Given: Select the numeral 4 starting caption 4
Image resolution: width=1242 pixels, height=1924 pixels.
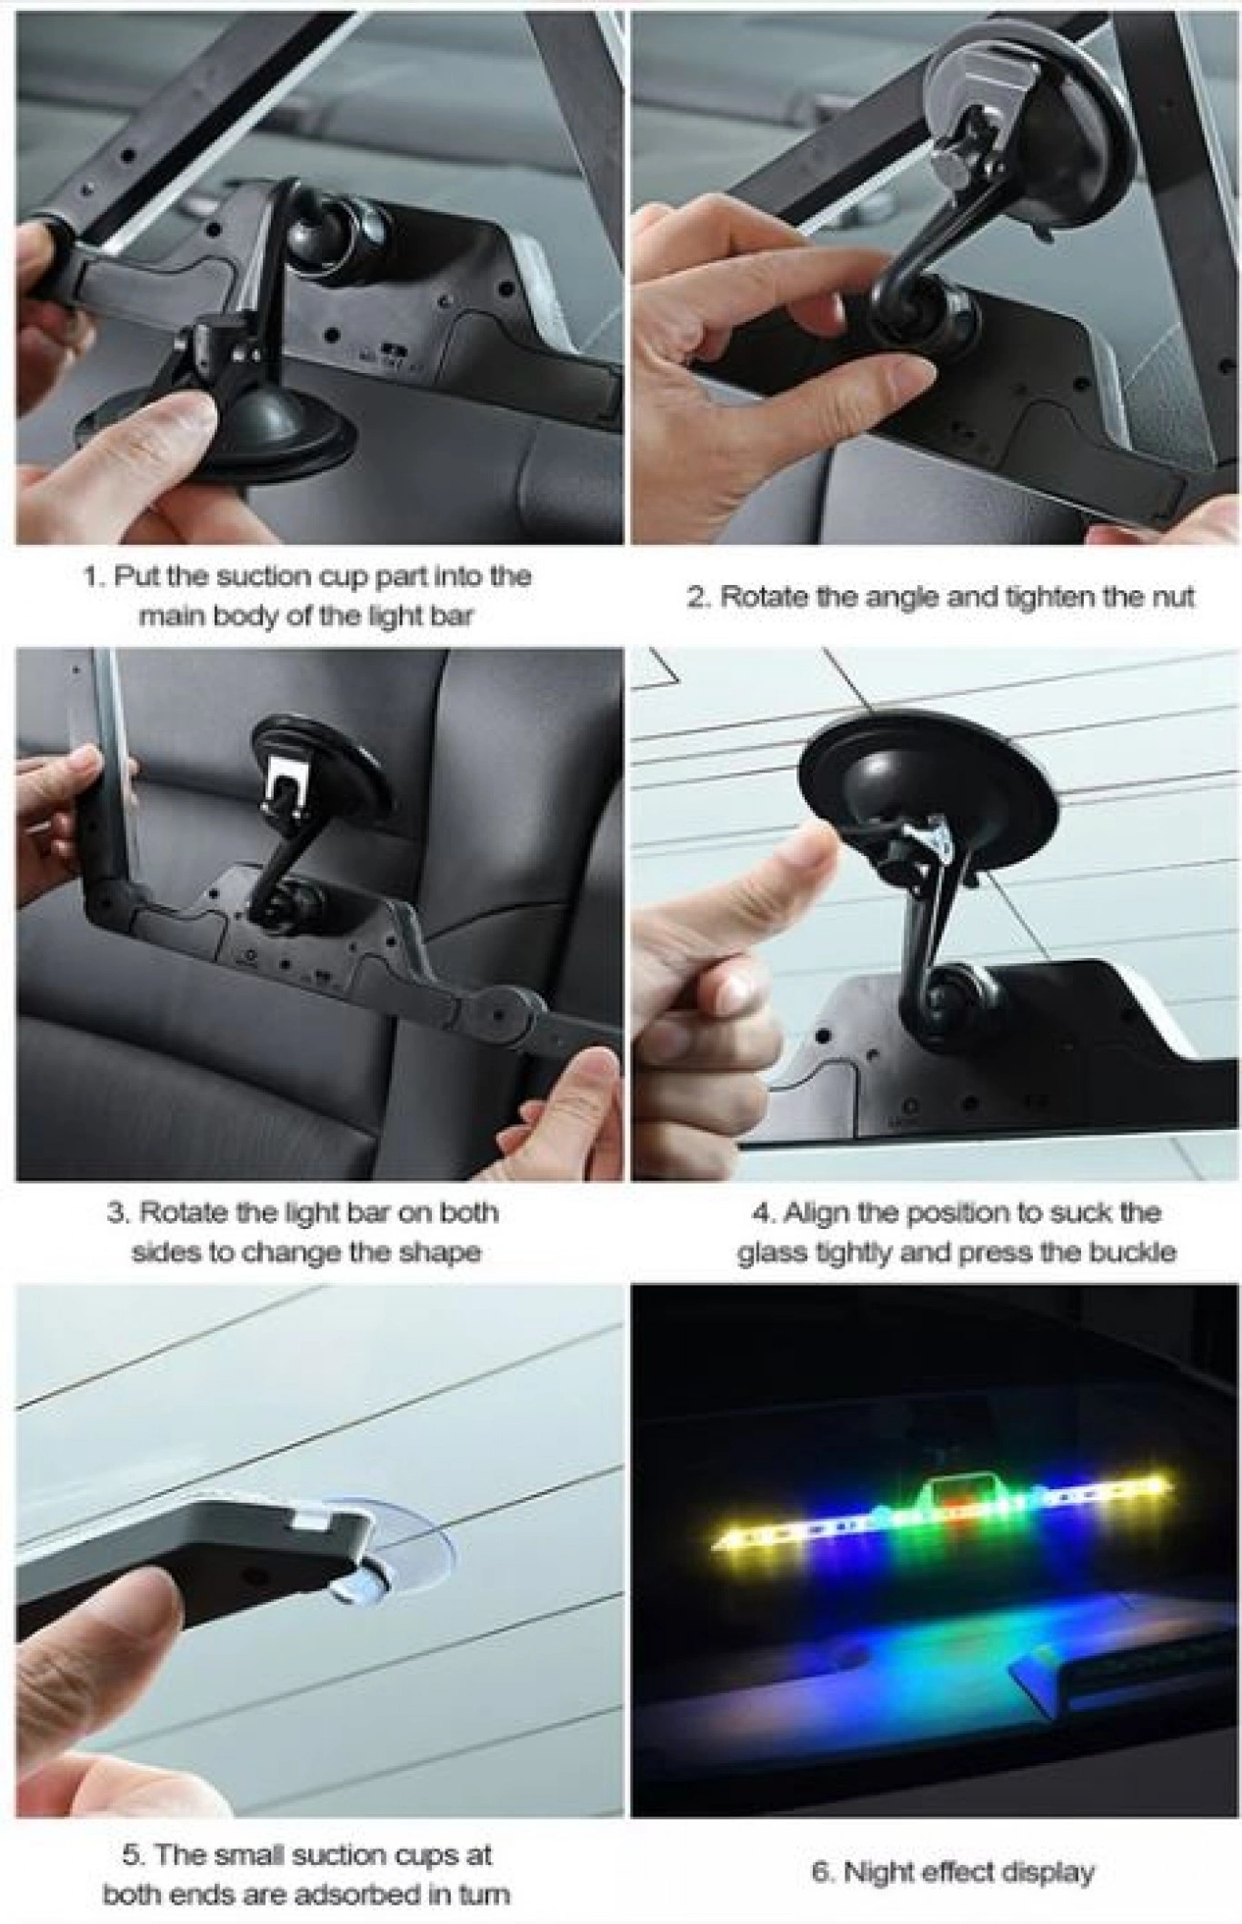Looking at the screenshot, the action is coord(761,1213).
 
